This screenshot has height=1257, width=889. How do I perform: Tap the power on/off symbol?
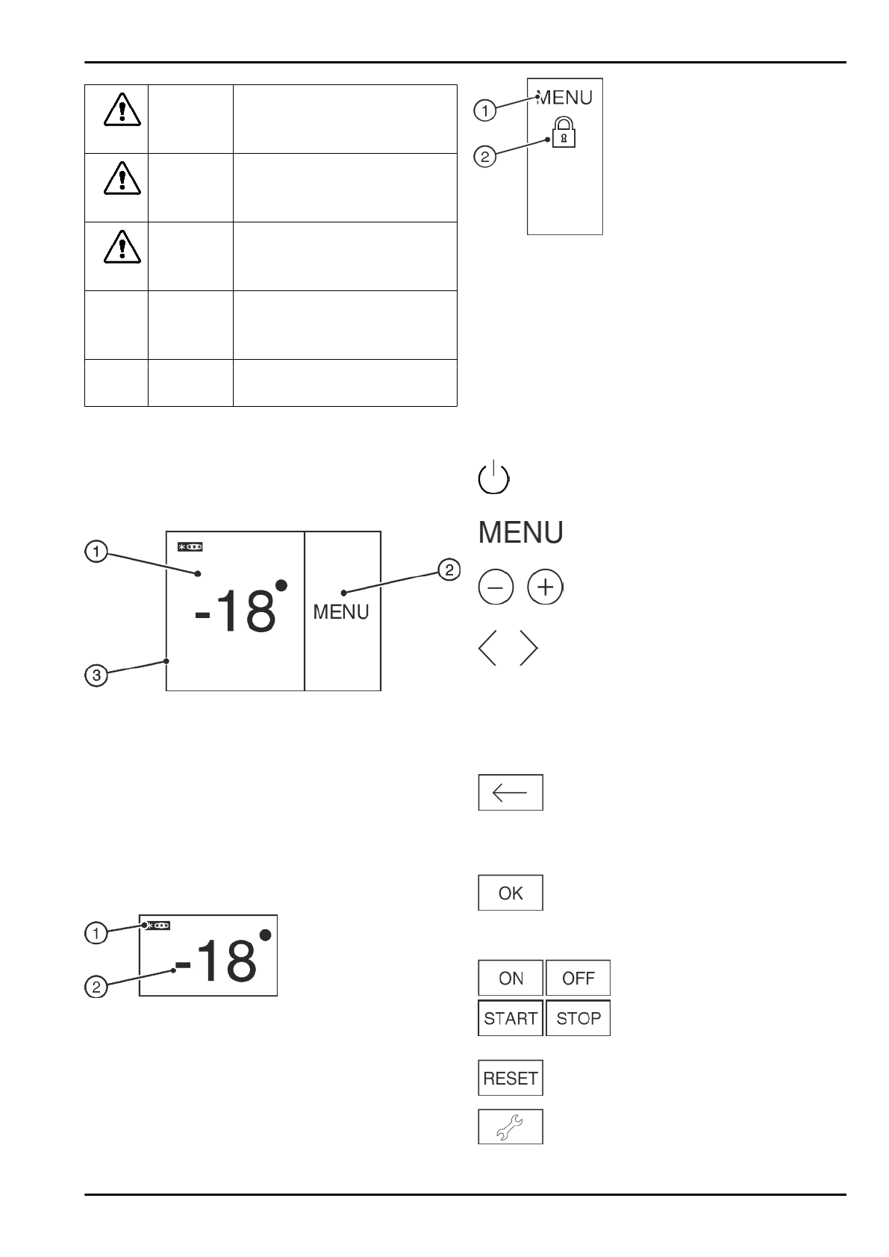tap(493, 478)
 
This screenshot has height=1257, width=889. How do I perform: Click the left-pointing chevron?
tap(488, 648)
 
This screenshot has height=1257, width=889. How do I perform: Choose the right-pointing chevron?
tap(528, 648)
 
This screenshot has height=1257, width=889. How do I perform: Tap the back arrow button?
tap(511, 792)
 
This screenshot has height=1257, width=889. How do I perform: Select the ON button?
tap(511, 978)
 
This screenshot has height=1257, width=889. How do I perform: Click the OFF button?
tap(578, 978)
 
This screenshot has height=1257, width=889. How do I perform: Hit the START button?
tap(511, 1018)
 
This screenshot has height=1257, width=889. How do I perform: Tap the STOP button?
tap(578, 1018)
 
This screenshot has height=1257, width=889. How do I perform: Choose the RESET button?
tap(511, 1078)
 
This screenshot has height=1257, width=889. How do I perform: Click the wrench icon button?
tap(511, 1126)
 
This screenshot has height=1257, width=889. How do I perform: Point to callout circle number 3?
tap(96, 676)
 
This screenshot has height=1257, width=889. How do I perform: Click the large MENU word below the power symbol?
tap(520, 533)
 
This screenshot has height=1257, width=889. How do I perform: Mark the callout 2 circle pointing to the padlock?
tap(485, 157)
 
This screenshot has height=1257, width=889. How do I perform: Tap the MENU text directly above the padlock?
tap(565, 97)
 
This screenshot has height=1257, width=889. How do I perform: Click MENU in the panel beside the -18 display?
tap(341, 612)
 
